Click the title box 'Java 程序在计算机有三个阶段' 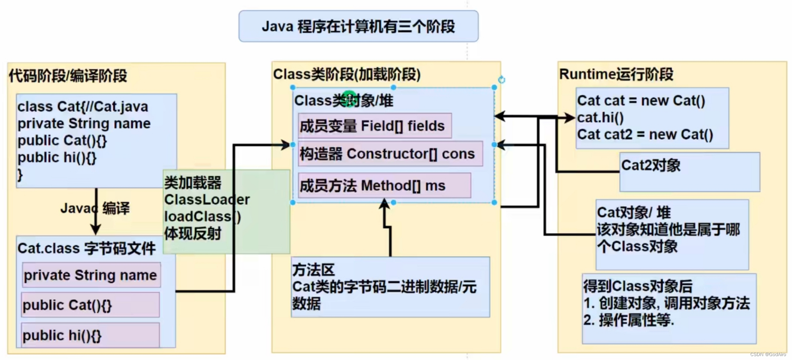pyautogui.click(x=358, y=26)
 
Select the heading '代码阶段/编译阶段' pyautogui.click(x=68, y=76)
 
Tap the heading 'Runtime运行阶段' pyautogui.click(x=616, y=74)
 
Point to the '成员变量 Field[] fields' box pyautogui.click(x=375, y=126)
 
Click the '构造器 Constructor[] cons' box pyautogui.click(x=390, y=154)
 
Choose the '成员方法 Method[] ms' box pyautogui.click(x=384, y=186)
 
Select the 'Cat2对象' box pyautogui.click(x=689, y=172)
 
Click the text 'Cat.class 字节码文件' pyautogui.click(x=86, y=248)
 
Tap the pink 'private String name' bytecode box pyautogui.click(x=91, y=275)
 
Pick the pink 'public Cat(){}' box pyautogui.click(x=90, y=305)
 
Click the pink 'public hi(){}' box pyautogui.click(x=90, y=335)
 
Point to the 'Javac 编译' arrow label pyautogui.click(x=95, y=208)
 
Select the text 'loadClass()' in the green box pyautogui.click(x=202, y=216)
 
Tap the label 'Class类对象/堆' pyautogui.click(x=343, y=101)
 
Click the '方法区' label pyautogui.click(x=313, y=270)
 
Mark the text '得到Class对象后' pyautogui.click(x=638, y=286)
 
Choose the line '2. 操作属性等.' pyautogui.click(x=629, y=320)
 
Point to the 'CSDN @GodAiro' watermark pyautogui.click(x=768, y=355)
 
